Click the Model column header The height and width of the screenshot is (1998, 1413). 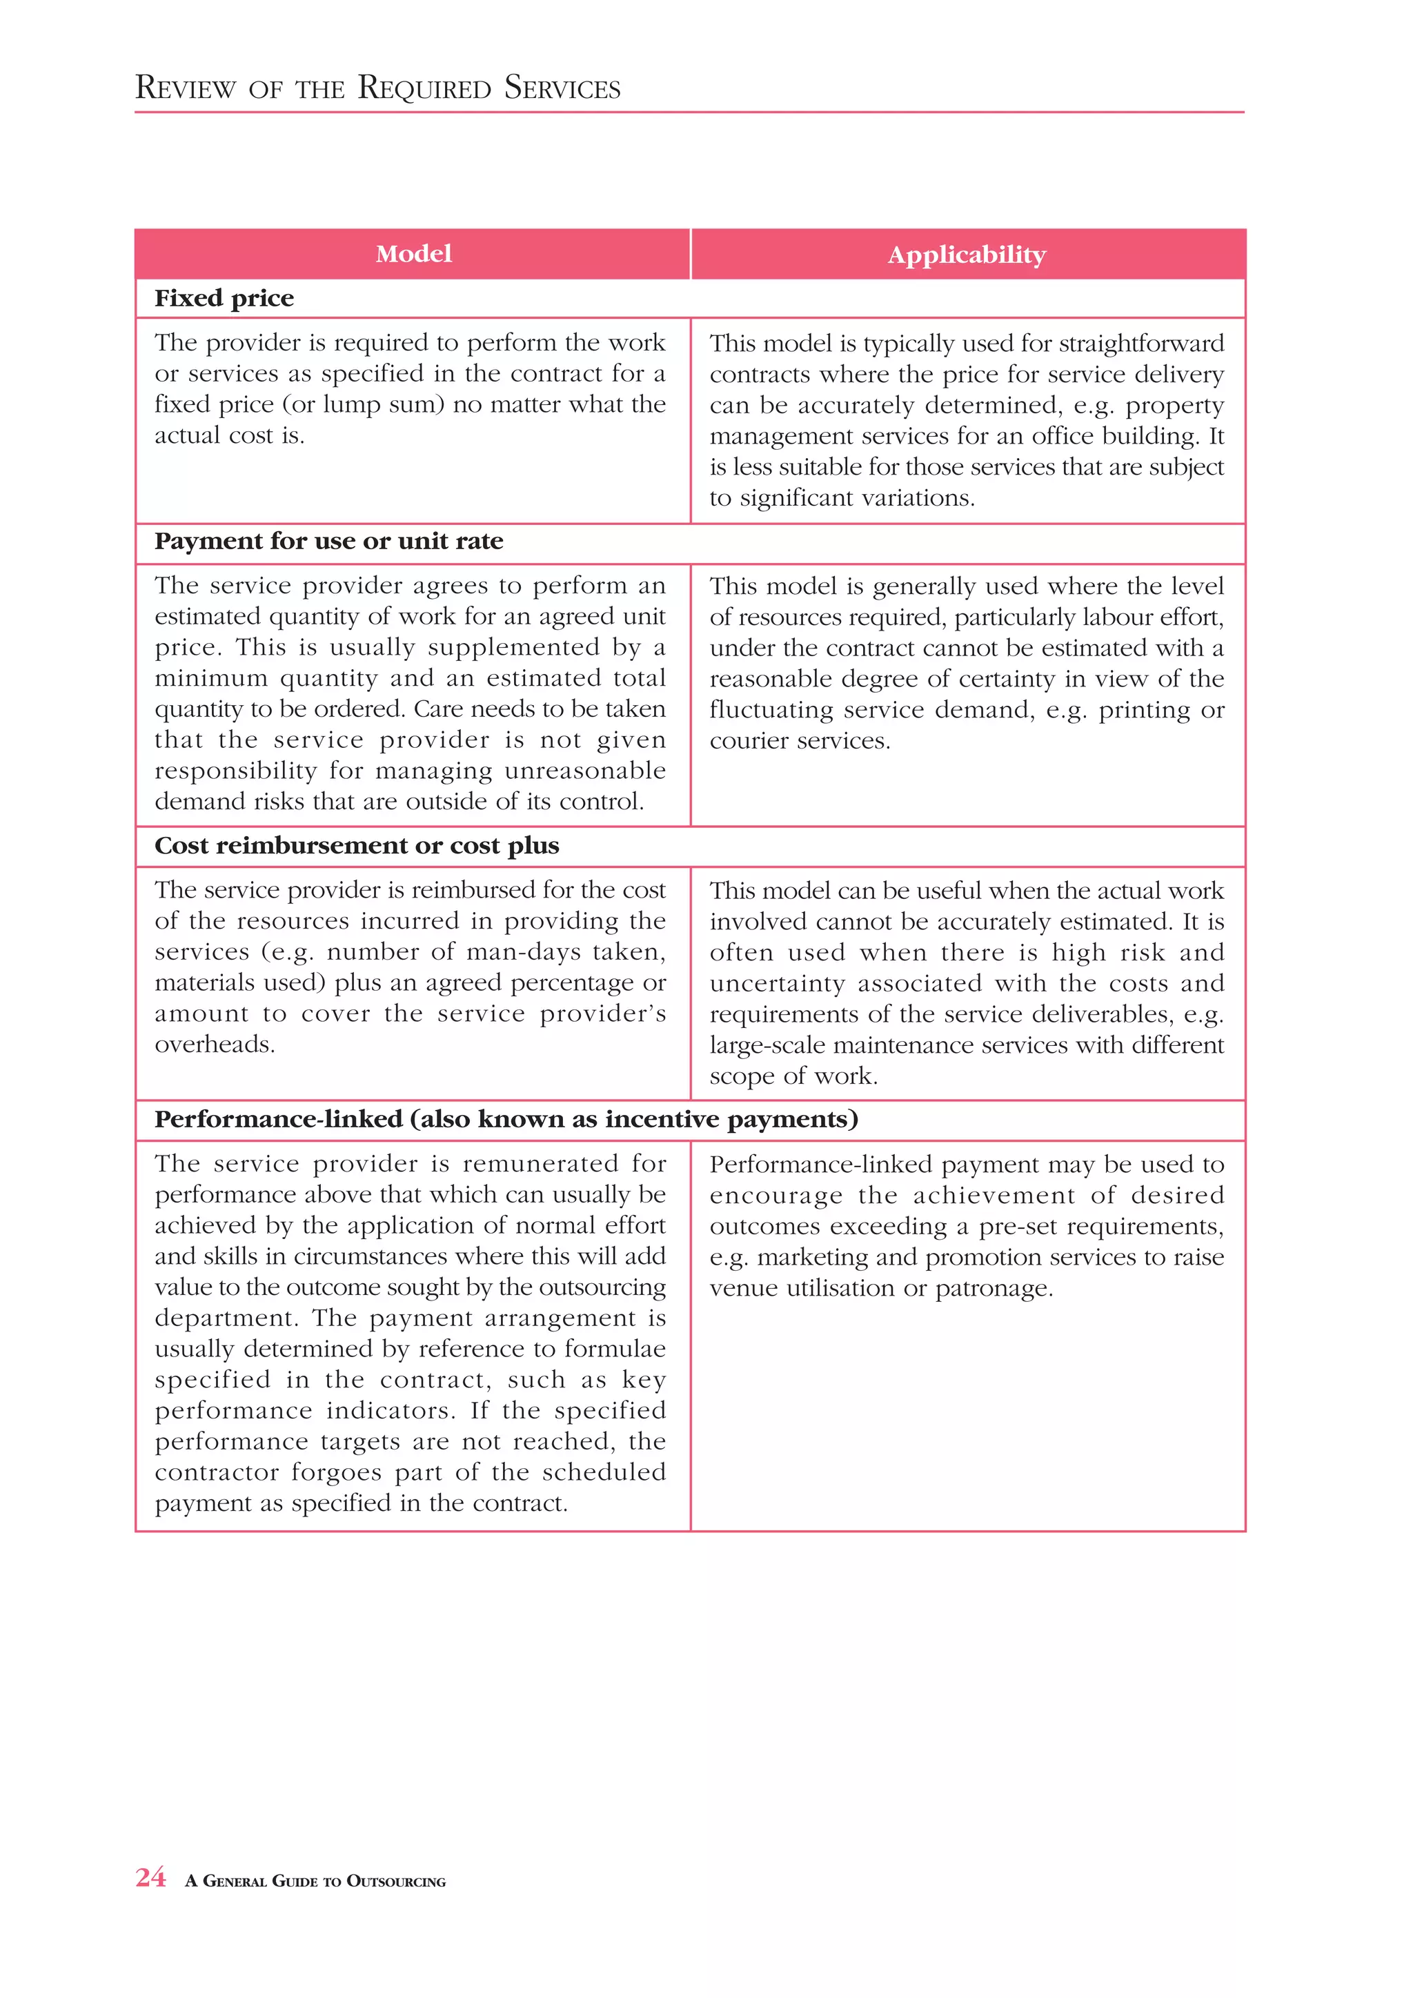point(413,254)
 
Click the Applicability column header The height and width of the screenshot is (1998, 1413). point(967,255)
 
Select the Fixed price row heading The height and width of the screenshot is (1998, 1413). point(224,299)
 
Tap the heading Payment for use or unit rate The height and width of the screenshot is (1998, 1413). point(329,542)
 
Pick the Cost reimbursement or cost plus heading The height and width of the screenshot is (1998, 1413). point(357,846)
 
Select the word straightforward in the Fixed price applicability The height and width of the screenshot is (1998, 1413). point(1142,344)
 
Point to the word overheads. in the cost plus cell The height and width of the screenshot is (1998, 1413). point(215,1045)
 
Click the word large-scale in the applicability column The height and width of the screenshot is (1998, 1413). point(767,1045)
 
